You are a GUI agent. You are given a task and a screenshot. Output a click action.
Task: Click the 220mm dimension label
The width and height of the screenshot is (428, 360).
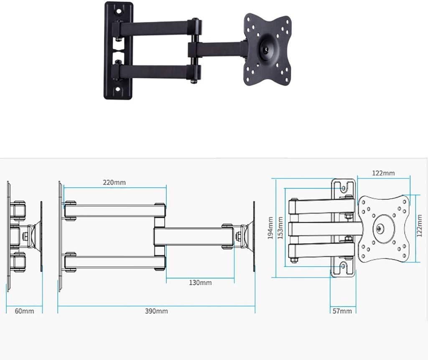coord(114,183)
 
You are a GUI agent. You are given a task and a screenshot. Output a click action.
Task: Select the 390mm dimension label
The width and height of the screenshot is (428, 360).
coord(156,311)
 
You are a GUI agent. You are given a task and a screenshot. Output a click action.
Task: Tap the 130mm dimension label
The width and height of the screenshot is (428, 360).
coord(200,283)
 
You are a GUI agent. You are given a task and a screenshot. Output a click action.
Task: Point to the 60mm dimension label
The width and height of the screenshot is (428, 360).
coord(24,311)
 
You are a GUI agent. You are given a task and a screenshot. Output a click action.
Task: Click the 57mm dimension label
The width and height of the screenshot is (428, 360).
coord(342,311)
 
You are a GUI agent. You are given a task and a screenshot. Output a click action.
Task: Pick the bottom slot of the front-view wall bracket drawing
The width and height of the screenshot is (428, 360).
coord(344,268)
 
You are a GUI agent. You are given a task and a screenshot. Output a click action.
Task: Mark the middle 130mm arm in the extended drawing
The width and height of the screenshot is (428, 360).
coord(190,236)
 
